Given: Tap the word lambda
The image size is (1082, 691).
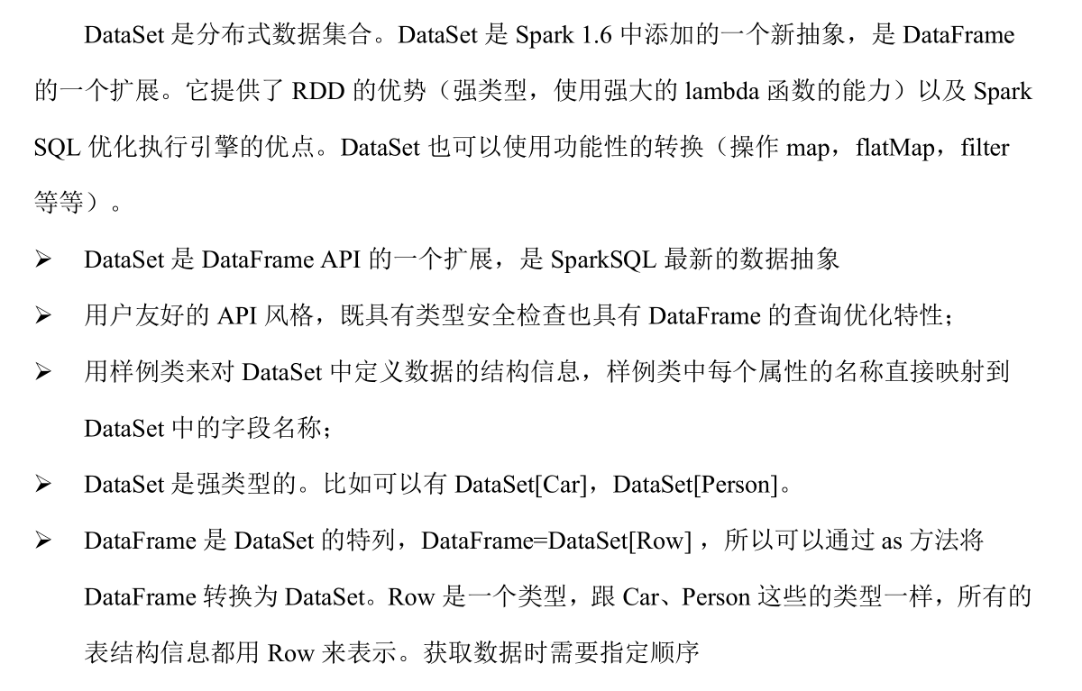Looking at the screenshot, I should (x=727, y=92).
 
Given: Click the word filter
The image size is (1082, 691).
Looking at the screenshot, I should (x=985, y=148).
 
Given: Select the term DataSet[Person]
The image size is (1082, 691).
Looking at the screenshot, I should (x=694, y=485).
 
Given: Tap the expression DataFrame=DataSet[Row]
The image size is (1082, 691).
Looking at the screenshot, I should (x=556, y=541).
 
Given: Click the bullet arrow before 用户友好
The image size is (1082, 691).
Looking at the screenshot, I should (x=43, y=317).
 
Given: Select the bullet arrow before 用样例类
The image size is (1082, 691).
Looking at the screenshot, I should (x=43, y=373).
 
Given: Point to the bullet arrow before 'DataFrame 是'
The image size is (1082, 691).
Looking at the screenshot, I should (x=43, y=541).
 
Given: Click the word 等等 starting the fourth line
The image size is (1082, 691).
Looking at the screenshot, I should (x=58, y=205).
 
